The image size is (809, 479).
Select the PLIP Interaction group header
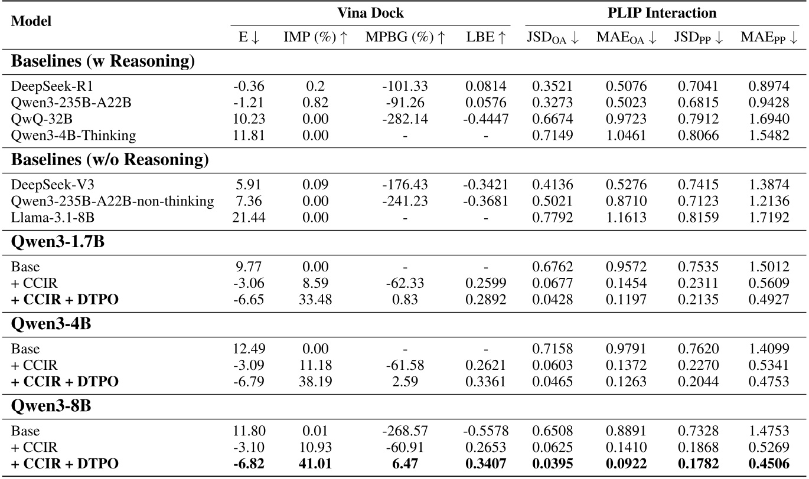[x=662, y=13]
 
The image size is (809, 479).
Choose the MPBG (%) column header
[x=405, y=38]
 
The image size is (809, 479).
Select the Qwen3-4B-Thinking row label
[x=74, y=135]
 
